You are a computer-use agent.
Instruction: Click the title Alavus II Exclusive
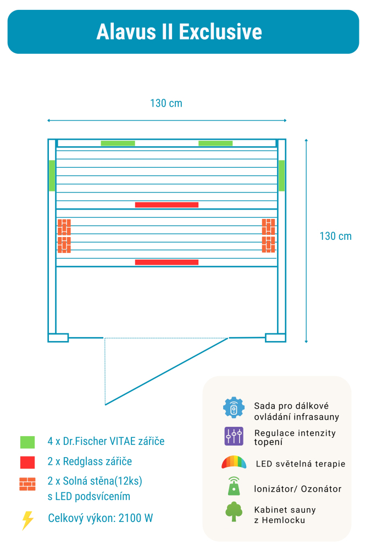(x=179, y=31)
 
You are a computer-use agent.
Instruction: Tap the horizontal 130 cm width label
(x=166, y=103)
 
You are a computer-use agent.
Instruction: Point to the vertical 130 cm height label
(x=335, y=236)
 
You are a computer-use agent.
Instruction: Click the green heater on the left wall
(x=52, y=175)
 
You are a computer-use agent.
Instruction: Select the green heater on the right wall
(x=281, y=175)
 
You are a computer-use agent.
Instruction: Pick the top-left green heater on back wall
(x=118, y=143)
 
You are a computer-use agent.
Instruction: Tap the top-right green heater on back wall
(x=215, y=143)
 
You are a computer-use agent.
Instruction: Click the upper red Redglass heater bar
(x=167, y=205)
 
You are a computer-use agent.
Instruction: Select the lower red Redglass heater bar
(x=167, y=262)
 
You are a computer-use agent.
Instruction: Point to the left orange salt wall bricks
(x=64, y=236)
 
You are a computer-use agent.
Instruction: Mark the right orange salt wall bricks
(x=269, y=235)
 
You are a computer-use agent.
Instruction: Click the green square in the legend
(x=27, y=442)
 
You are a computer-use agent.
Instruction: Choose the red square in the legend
(x=27, y=463)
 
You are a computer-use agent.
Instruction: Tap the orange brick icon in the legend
(x=27, y=484)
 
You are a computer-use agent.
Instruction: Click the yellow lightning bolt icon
(x=27, y=520)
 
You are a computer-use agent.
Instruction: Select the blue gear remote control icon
(x=234, y=408)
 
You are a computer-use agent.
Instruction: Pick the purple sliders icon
(x=234, y=436)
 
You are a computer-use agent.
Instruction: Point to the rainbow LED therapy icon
(x=234, y=462)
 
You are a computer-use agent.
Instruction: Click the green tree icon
(x=234, y=512)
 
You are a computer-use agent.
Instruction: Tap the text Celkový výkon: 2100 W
(x=101, y=518)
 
